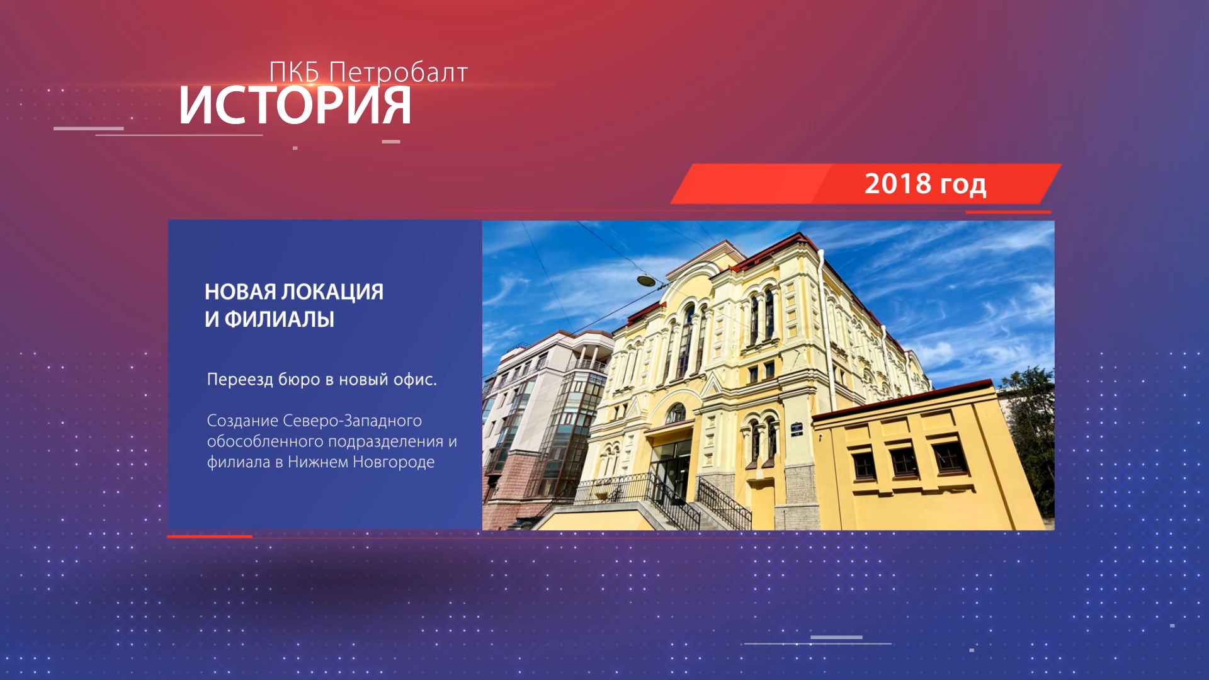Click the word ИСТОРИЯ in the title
tap(295, 105)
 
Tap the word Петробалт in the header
tap(399, 72)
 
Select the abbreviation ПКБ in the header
tap(295, 72)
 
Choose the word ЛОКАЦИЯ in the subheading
tap(332, 292)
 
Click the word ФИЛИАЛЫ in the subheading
tap(280, 319)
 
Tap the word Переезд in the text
tap(240, 380)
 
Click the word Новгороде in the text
tap(394, 462)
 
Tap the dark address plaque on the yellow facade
tap(797, 429)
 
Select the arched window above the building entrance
tap(676, 414)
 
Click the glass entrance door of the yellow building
tap(671, 472)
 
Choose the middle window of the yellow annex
tap(904, 462)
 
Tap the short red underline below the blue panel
tap(210, 536)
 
